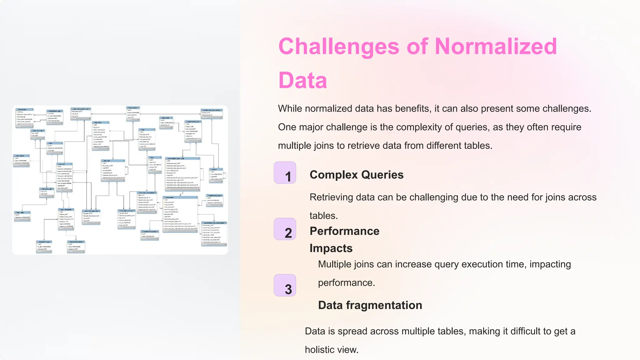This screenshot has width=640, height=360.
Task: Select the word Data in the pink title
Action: (x=302, y=81)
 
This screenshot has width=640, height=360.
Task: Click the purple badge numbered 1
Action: (x=285, y=173)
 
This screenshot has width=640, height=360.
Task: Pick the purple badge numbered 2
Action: (x=285, y=229)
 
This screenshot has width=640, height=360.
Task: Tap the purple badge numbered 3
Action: (x=285, y=285)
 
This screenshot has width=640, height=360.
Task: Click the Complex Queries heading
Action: (x=357, y=175)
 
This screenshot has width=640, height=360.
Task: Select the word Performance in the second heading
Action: (x=344, y=231)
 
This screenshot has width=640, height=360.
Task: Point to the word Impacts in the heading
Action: (x=331, y=248)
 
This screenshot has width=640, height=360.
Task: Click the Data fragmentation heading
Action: (x=370, y=305)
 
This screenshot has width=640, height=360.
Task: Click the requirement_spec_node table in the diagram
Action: (x=182, y=174)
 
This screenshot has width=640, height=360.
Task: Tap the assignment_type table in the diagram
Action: (x=44, y=247)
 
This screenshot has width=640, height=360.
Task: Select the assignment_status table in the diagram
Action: (x=76, y=247)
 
